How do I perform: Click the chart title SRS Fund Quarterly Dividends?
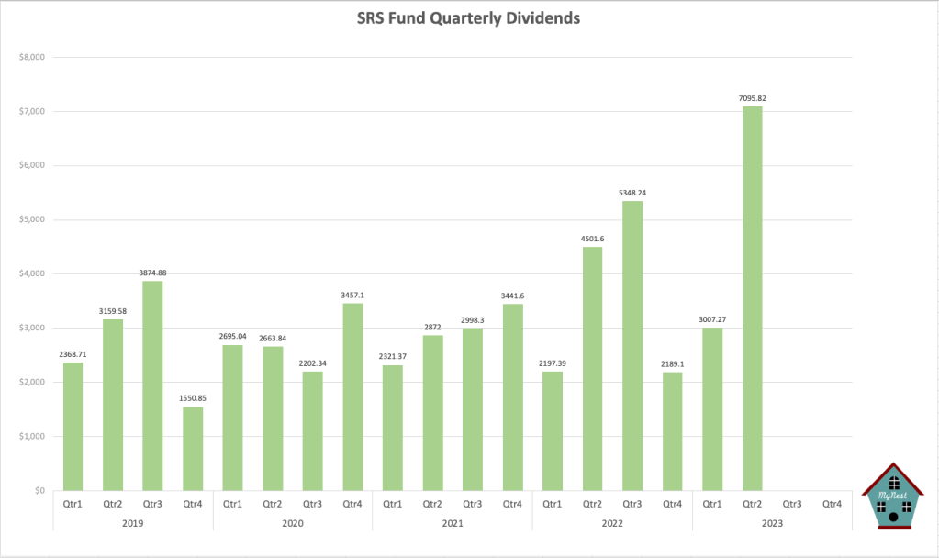[468, 18]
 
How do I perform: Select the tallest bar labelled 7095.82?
[752, 298]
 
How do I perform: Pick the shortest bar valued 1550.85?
[193, 449]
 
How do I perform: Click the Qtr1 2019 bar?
[73, 427]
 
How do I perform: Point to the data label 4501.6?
[592, 239]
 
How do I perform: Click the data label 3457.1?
[352, 295]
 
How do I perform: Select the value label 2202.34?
[312, 363]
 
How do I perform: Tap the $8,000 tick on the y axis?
[32, 58]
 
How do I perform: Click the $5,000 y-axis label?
[32, 220]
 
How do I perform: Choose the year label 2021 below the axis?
[453, 522]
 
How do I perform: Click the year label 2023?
[772, 522]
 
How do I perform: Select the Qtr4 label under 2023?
[833, 503]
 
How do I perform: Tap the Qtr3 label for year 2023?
[792, 503]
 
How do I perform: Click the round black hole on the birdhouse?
[893, 518]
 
